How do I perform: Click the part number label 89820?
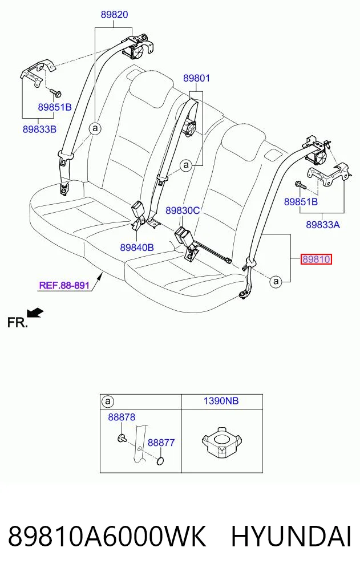click(114, 14)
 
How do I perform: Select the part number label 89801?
click(196, 78)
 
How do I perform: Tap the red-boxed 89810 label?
click(316, 259)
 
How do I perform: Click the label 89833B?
click(39, 129)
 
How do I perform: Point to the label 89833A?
click(323, 224)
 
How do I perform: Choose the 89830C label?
click(183, 210)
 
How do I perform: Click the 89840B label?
click(137, 247)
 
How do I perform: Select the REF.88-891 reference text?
click(64, 285)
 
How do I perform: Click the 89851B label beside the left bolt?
click(55, 107)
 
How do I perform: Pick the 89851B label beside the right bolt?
click(301, 201)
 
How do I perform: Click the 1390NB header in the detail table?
click(221, 400)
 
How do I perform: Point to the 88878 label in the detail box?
click(122, 417)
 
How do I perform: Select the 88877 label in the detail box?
click(161, 443)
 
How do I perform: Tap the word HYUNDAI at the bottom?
click(291, 537)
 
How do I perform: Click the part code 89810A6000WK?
click(107, 537)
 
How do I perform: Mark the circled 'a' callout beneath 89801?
click(186, 165)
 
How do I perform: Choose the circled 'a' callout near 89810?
click(276, 282)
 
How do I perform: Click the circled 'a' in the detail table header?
click(108, 401)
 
